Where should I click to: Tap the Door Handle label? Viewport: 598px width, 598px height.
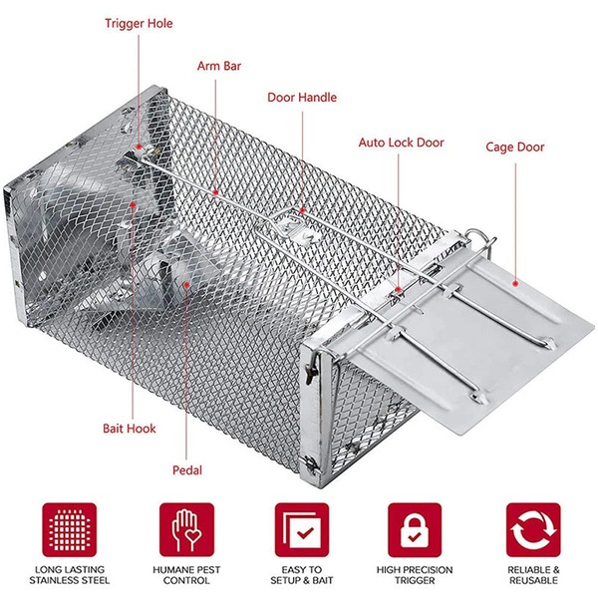point(302,98)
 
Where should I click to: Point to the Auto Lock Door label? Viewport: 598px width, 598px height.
point(401,143)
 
